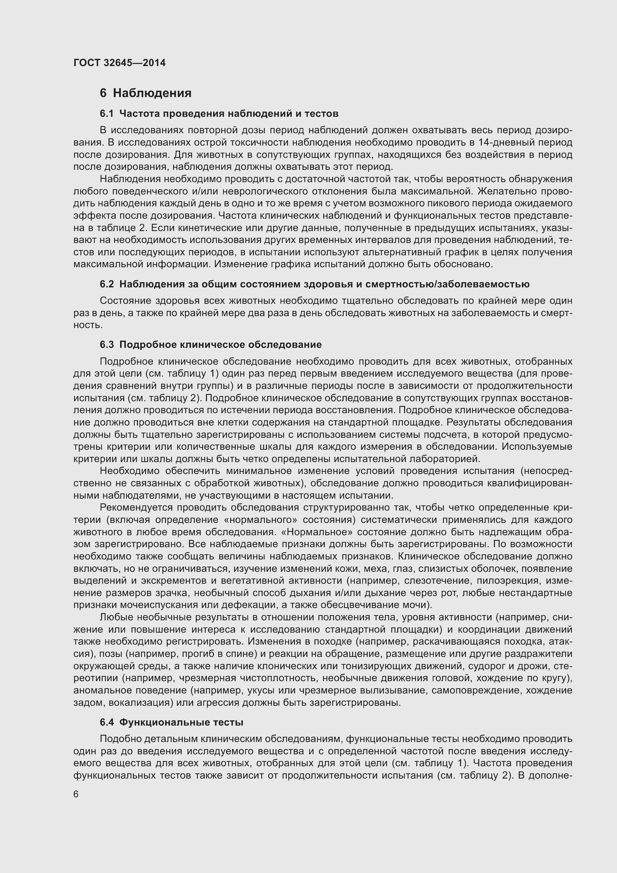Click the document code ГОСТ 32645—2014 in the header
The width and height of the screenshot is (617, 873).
119,63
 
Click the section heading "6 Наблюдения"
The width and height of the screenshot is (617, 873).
145,93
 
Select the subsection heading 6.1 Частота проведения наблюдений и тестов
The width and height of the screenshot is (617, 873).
219,113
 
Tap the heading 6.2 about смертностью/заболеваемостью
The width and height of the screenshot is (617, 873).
314,284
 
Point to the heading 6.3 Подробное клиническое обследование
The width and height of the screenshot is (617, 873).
210,344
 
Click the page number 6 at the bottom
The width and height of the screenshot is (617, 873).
76,794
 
